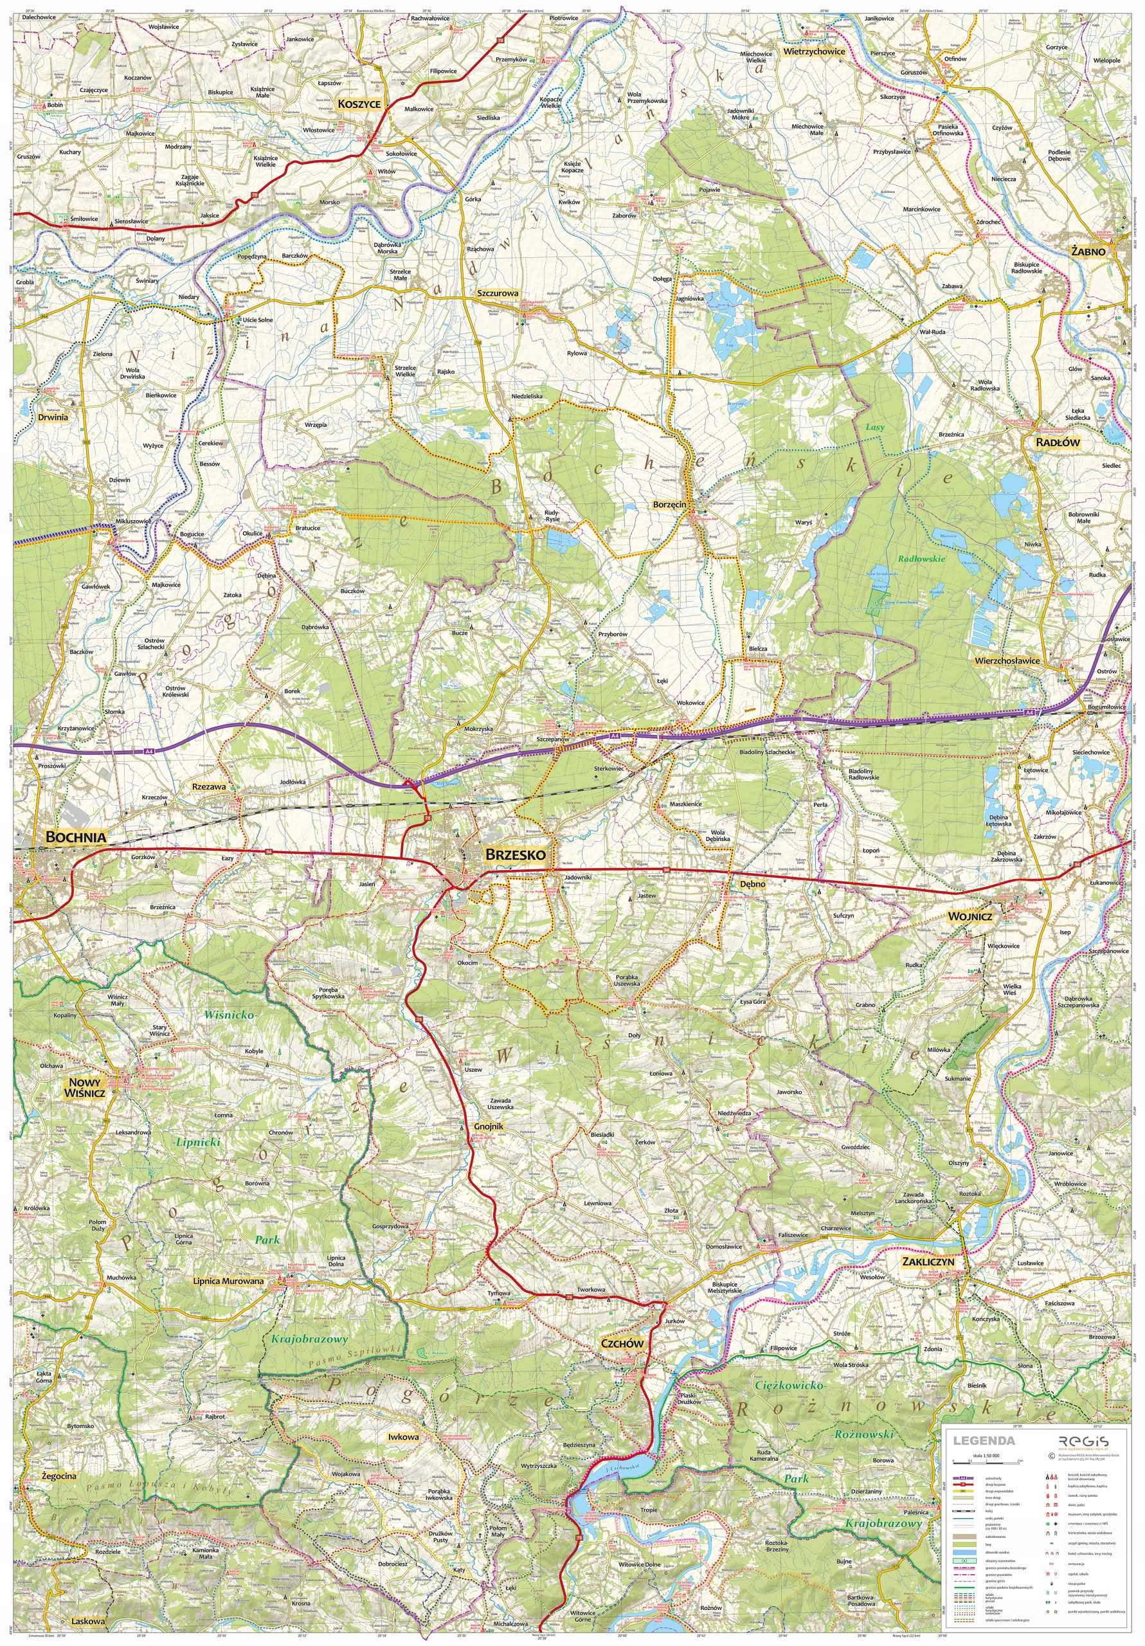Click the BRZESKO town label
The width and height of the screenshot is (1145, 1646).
(x=515, y=855)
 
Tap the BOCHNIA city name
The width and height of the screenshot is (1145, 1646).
(x=75, y=837)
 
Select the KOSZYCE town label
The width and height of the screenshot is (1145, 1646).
(x=359, y=104)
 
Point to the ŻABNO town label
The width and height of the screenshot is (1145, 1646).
(x=1088, y=251)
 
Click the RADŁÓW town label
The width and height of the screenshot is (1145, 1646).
(x=1057, y=442)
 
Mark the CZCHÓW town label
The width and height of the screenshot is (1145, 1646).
(x=622, y=1343)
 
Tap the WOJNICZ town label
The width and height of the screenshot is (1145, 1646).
(x=970, y=916)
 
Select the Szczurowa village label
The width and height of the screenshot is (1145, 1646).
(x=498, y=293)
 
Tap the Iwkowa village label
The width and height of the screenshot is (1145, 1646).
(x=403, y=1436)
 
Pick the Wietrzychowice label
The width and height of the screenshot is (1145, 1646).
(x=814, y=51)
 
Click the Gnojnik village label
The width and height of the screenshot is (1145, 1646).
(x=488, y=1126)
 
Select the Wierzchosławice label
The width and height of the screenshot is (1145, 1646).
(x=1006, y=660)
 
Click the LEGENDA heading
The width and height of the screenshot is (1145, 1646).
(x=984, y=1440)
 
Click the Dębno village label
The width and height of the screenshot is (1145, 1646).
(x=752, y=884)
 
